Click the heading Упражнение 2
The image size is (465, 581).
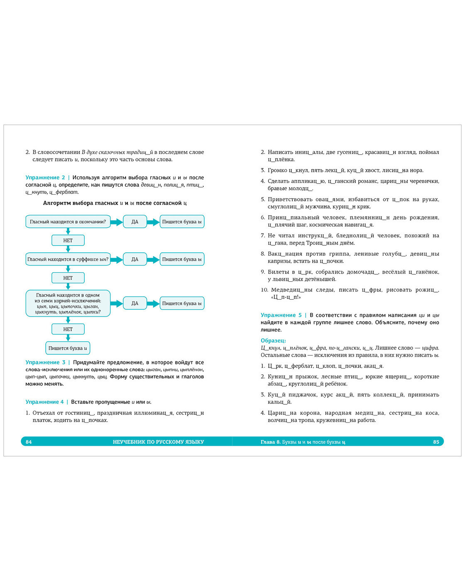pos(45,178)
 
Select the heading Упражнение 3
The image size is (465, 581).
pos(45,362)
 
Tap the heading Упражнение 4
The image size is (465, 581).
pos(44,402)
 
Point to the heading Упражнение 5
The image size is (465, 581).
pos(281,315)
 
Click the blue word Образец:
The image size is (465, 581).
pos(273,341)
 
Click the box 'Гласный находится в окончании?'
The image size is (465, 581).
pos(68,222)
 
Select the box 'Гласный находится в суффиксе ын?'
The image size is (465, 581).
pos(68,259)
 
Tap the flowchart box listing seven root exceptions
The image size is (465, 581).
pos(68,303)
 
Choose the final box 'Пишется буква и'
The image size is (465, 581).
pos(68,348)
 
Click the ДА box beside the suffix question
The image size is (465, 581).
pos(135,259)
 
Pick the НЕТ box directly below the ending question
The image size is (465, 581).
pos(68,240)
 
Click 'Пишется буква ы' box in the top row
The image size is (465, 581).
pos(182,222)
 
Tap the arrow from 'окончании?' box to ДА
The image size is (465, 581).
pos(117,222)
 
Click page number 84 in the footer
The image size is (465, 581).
pos(29,442)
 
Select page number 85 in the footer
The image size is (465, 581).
pos(436,442)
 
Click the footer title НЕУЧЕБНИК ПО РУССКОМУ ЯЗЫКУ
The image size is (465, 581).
pos(158,442)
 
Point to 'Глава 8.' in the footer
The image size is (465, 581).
pos(270,442)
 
